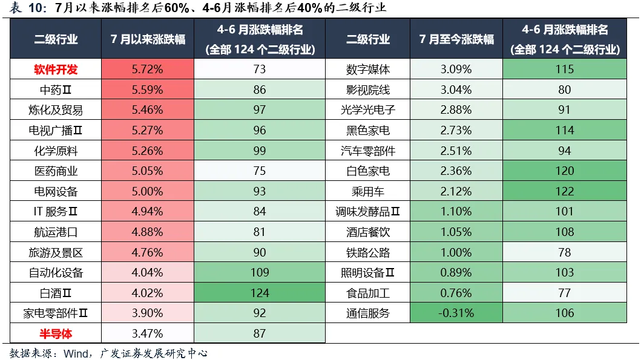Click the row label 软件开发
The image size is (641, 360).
click(x=56, y=70)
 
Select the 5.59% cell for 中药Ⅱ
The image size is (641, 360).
click(x=147, y=90)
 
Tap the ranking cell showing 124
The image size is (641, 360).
click(x=260, y=293)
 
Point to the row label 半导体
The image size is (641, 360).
click(x=56, y=333)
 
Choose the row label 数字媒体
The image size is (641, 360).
click(x=368, y=70)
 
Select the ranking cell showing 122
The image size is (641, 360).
click(x=565, y=191)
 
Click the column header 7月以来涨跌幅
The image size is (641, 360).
click(x=148, y=39)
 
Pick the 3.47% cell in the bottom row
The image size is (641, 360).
click(x=147, y=333)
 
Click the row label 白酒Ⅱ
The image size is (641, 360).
click(x=56, y=293)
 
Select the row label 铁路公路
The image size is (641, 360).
click(x=368, y=252)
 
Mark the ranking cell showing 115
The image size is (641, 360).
click(x=565, y=70)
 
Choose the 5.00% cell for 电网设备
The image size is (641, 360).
click(x=147, y=191)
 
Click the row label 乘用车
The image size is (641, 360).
click(x=368, y=191)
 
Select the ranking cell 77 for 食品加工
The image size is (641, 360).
click(x=565, y=293)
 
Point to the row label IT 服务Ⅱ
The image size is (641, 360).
click(x=56, y=212)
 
